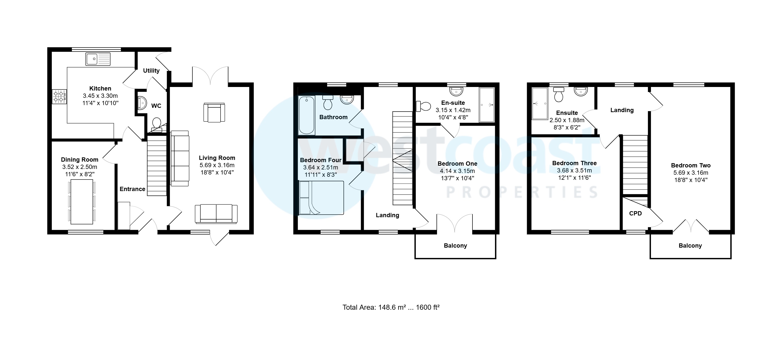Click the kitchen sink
[98, 59]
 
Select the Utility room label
[151, 71]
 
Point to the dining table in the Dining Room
[82, 202]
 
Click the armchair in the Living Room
[214, 113]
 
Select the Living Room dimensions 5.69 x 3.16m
[217, 165]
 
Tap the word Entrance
[132, 189]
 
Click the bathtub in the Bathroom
[306, 115]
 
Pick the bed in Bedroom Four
[321, 198]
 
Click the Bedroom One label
[457, 164]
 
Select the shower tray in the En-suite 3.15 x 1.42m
[487, 105]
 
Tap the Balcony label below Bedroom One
[455, 246]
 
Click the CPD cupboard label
[635, 213]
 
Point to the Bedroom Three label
[574, 163]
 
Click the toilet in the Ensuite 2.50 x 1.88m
[558, 95]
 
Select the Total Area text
[391, 307]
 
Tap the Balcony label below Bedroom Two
[690, 246]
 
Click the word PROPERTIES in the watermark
[522, 193]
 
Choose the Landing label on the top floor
[622, 110]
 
